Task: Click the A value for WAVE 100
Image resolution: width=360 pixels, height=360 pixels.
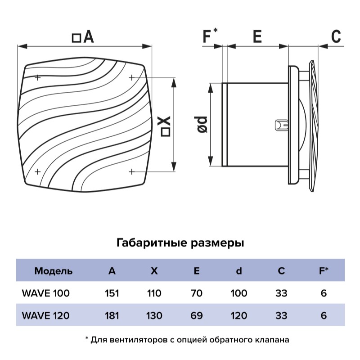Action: click(x=112, y=293)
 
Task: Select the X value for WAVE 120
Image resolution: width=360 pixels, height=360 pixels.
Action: click(x=154, y=315)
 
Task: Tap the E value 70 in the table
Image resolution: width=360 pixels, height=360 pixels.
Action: click(x=197, y=293)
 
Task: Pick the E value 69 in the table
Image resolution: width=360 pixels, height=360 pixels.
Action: click(x=197, y=315)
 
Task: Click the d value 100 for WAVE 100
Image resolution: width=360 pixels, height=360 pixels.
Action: click(x=238, y=293)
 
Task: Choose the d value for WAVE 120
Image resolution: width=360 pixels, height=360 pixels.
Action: click(x=238, y=315)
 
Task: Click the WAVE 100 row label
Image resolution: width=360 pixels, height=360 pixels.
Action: click(x=45, y=293)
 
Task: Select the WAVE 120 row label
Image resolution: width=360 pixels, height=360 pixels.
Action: click(x=45, y=315)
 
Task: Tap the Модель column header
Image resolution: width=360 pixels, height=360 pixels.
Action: click(x=53, y=271)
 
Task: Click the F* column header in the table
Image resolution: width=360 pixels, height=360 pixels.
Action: click(x=323, y=271)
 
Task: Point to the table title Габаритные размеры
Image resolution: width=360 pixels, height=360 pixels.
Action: click(x=180, y=243)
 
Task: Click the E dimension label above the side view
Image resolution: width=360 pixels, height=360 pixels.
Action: click(x=257, y=36)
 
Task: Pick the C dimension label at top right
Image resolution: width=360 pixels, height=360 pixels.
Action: click(x=336, y=37)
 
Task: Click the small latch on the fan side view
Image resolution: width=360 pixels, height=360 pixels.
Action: click(x=281, y=124)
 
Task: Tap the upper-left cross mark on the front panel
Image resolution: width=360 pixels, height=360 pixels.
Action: click(x=38, y=77)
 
